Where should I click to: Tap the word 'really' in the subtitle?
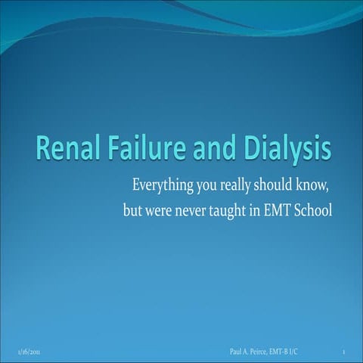(234, 186)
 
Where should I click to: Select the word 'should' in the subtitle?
(275, 185)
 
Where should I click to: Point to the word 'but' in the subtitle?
(132, 209)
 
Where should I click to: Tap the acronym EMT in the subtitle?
(279, 209)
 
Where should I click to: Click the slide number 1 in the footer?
(344, 352)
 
